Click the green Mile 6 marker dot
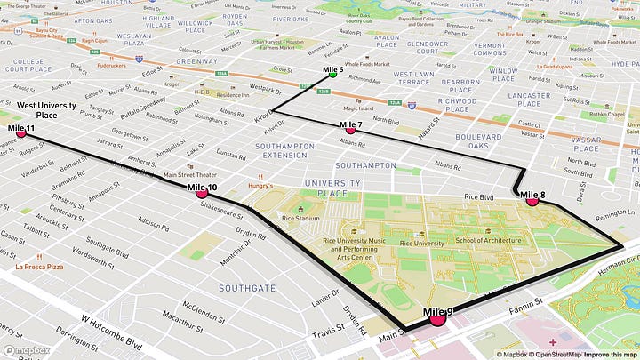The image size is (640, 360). (x=332, y=75)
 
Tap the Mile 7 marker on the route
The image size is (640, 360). (x=350, y=130)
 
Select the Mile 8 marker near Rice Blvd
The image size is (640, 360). (x=532, y=201)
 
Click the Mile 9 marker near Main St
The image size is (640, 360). (x=437, y=319)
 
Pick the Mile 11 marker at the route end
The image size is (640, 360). (x=21, y=134)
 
